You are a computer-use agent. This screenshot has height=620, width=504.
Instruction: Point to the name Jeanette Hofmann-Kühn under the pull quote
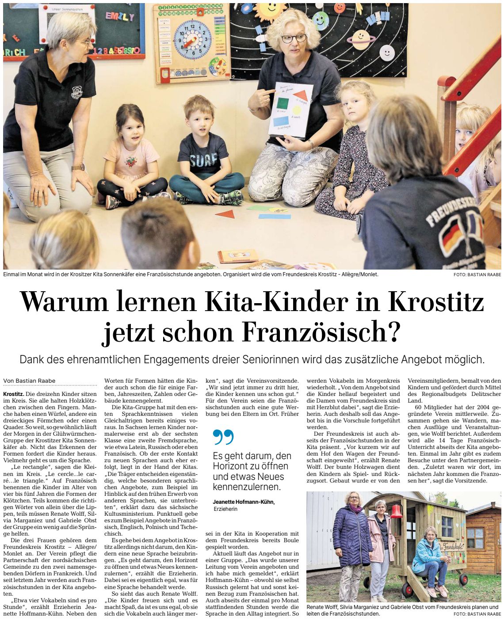point(244,502)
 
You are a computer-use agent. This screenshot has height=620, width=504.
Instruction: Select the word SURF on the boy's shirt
point(204,160)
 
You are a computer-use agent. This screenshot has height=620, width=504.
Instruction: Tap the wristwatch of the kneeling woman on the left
point(79,167)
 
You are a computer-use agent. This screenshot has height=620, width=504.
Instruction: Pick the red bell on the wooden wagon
point(397,511)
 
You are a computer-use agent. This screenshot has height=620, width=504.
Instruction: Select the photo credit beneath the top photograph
point(477,275)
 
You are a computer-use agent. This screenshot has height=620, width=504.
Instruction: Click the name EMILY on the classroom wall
point(119,17)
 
